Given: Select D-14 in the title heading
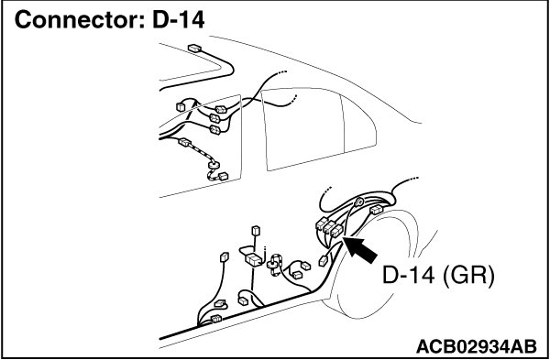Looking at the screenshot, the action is click(x=178, y=19).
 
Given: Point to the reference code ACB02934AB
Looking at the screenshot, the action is click(x=477, y=347).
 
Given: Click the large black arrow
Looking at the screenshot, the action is click(x=360, y=248).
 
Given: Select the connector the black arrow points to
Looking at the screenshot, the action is click(x=336, y=231).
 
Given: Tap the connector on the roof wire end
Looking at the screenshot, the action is click(x=194, y=48).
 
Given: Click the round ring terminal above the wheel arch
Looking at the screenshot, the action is click(x=359, y=202).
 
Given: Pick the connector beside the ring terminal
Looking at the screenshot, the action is click(x=376, y=210).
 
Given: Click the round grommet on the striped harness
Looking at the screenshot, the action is click(x=214, y=164).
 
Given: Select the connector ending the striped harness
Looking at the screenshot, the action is click(x=223, y=176).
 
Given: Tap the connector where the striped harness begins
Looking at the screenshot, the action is click(x=184, y=142).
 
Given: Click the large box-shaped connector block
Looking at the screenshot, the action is click(x=253, y=260).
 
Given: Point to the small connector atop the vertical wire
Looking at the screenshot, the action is click(x=256, y=230).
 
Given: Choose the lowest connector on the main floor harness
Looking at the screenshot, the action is click(x=216, y=318).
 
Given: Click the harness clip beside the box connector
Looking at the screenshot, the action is click(x=274, y=264).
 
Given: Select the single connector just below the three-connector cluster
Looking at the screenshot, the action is click(x=323, y=261).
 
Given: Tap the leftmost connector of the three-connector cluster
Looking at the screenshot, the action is click(x=322, y=224).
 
